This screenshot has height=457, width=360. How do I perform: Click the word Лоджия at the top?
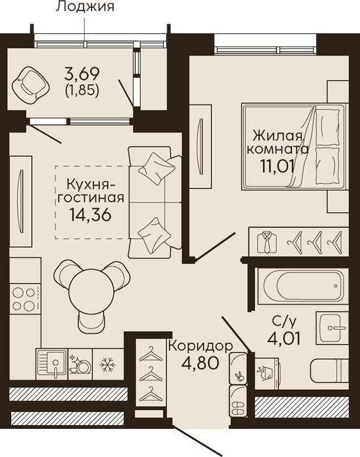(x=84, y=7)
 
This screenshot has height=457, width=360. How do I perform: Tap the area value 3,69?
(x=82, y=74)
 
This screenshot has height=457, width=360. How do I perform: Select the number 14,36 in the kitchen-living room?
(x=90, y=215)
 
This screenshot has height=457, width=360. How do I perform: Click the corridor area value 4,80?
(x=200, y=363)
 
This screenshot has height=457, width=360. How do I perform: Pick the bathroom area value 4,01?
(x=284, y=339)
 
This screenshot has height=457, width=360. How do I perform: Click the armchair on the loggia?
(x=30, y=85)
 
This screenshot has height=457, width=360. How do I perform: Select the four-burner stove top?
(x=25, y=298)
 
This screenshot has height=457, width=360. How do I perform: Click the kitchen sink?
(x=52, y=364)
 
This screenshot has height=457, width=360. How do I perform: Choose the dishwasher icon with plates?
(x=80, y=364)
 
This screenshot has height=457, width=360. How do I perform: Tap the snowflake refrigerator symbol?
(x=108, y=364)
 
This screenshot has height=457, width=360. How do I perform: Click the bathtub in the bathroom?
(x=303, y=287)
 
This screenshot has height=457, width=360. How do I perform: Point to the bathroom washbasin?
(x=333, y=328)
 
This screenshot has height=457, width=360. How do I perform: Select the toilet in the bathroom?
(x=329, y=371)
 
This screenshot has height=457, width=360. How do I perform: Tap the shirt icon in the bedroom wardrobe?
(x=267, y=242)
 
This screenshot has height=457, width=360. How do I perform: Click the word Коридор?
(x=201, y=346)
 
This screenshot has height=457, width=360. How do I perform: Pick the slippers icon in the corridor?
(x=238, y=404)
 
